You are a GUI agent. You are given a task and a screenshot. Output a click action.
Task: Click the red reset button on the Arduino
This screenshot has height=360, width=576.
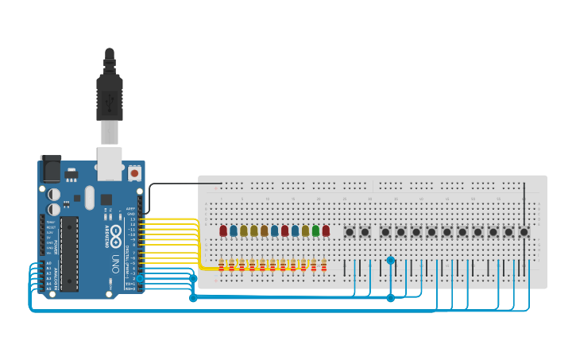135,172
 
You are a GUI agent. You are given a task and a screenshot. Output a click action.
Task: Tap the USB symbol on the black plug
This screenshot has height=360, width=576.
109,99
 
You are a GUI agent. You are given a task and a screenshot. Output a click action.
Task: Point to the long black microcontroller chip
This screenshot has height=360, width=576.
70,253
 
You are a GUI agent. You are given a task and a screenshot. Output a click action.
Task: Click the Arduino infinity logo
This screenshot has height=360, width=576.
116,233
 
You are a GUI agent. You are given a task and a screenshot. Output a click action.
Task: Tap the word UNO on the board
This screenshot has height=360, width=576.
115,261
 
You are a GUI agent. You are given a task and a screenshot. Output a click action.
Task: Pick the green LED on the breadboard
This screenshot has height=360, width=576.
315,230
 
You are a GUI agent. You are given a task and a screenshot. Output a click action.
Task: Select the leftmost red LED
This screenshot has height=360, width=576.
223,230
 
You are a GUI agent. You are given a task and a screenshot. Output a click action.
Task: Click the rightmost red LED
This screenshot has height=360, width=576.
326,230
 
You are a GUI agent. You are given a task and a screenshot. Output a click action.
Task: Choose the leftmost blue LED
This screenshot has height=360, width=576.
234,230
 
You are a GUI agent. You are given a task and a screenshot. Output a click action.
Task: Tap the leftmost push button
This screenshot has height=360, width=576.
350,232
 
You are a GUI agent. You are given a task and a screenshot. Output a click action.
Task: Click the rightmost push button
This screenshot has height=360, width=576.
524,232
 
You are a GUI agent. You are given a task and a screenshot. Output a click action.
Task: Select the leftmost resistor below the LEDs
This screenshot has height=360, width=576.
222,265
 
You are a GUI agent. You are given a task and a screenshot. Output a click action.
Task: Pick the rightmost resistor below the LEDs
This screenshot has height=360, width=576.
324,265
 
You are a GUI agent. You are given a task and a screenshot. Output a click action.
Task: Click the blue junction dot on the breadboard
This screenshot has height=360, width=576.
390,260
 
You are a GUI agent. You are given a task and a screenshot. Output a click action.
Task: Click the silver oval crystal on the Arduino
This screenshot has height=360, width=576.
89,197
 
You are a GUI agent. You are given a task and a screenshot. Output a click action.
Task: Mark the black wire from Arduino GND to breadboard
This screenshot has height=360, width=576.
183,184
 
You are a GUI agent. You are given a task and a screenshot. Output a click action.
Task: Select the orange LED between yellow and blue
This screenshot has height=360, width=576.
264,230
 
